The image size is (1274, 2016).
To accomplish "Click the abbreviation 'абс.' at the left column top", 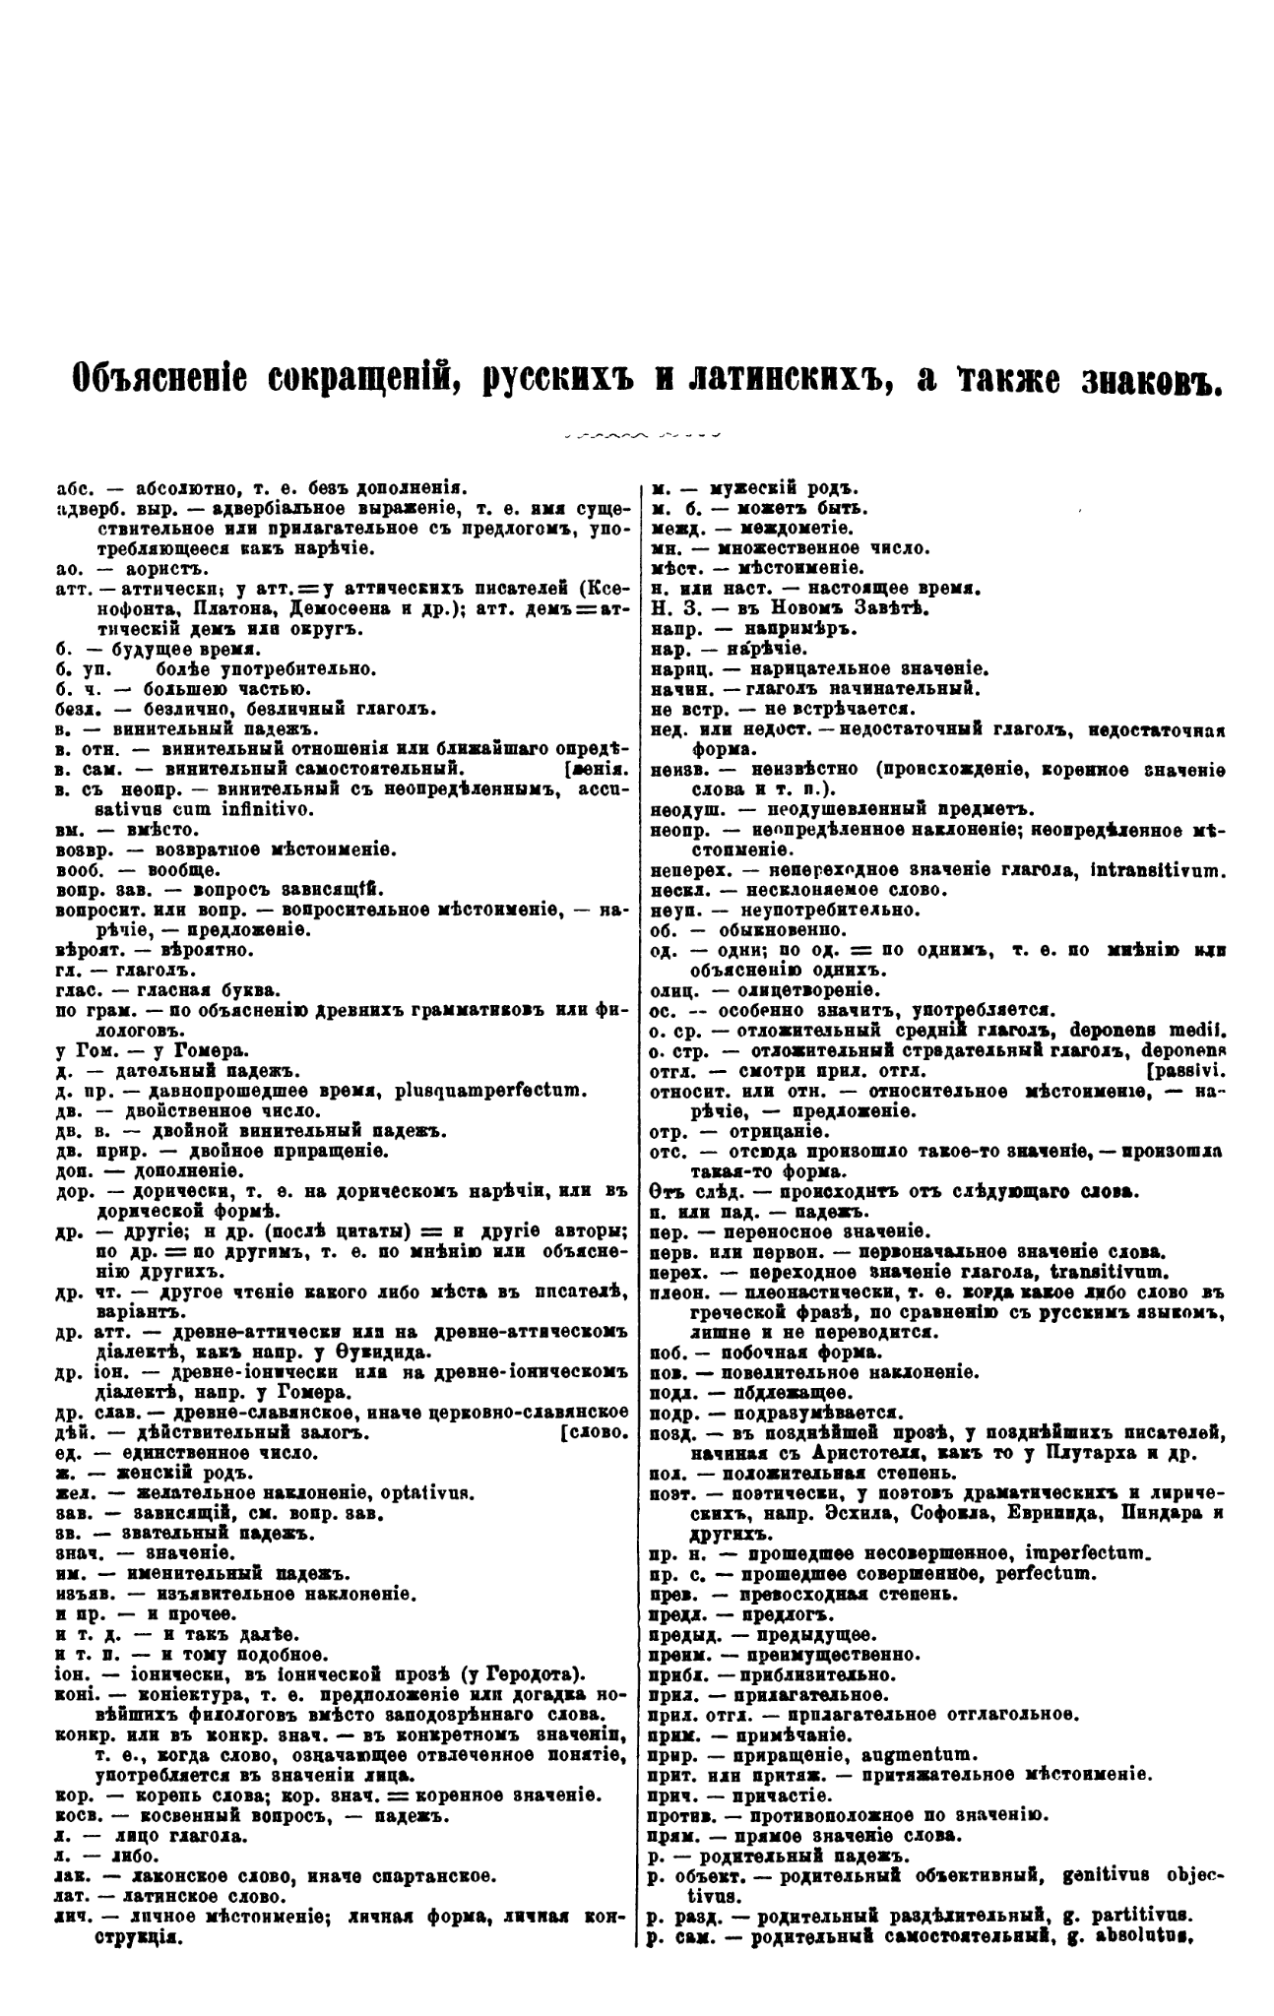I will [72, 487].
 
